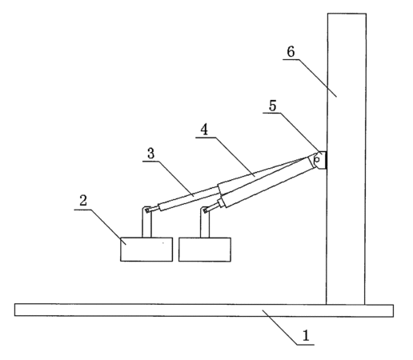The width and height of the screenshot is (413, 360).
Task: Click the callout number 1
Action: (306, 335)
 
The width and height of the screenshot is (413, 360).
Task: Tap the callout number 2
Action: (83, 200)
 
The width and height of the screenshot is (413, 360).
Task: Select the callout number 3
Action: (150, 154)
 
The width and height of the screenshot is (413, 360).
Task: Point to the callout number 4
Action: (204, 130)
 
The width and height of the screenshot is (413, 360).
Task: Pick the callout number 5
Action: (272, 106)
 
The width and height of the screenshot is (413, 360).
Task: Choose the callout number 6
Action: (291, 51)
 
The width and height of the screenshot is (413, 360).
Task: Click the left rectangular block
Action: (146, 250)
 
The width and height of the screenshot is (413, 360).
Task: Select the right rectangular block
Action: (205, 250)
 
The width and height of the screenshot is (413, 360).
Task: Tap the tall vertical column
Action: (346, 158)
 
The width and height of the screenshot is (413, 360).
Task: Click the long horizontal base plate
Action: (204, 310)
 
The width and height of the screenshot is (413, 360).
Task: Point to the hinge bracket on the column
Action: (320, 160)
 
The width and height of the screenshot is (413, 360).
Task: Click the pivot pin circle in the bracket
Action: (317, 160)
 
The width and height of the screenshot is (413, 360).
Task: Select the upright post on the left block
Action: (146, 222)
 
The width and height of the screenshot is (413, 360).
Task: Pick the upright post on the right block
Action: (205, 222)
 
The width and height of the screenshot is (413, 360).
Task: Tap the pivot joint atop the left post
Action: (147, 210)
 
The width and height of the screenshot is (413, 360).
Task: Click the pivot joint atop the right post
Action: (205, 211)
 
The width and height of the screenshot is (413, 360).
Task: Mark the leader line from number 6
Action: (310, 78)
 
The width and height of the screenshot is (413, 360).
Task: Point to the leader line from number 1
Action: (288, 327)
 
